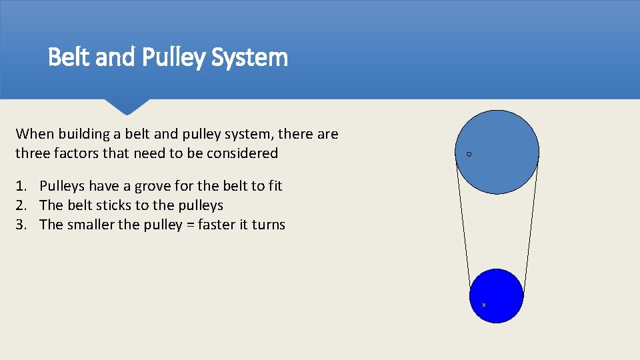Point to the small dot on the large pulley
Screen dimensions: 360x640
pos(469,154)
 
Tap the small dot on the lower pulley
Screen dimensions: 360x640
pos(484,305)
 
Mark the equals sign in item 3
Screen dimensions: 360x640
pos(189,225)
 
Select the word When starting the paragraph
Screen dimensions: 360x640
pos(34,134)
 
